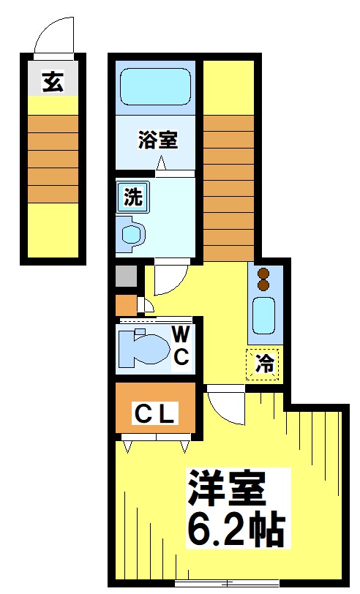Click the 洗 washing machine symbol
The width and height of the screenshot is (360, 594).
click(x=132, y=196)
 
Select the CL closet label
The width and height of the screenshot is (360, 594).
click(x=154, y=415)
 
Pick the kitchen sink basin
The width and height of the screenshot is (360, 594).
click(x=264, y=315)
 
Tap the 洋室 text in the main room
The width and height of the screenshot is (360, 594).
click(x=226, y=487)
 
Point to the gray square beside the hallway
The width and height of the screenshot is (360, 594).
click(x=126, y=277)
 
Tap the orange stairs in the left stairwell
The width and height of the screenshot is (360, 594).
click(x=53, y=159)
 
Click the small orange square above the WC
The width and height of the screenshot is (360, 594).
click(x=125, y=304)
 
